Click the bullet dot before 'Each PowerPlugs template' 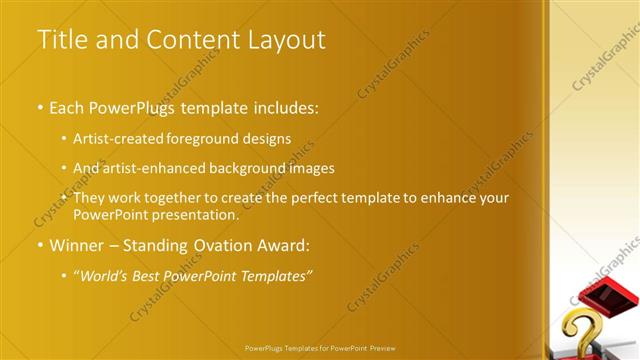pyautogui.click(x=39, y=106)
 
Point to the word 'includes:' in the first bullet pyautogui.click(x=285, y=106)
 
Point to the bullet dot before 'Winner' pyautogui.click(x=39, y=245)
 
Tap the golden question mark pyautogui.click(x=584, y=330)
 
